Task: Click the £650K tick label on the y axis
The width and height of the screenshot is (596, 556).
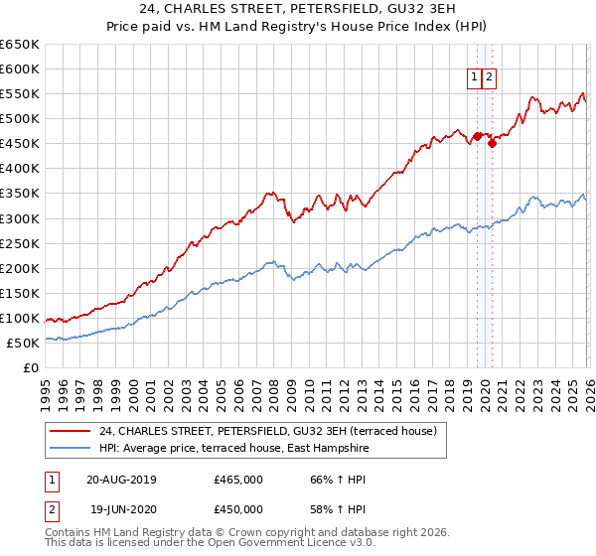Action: (20, 45)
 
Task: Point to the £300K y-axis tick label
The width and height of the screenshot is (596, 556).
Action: (20, 218)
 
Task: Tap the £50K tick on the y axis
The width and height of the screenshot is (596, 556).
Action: (24, 343)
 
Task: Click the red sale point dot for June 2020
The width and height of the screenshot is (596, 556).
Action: (492, 144)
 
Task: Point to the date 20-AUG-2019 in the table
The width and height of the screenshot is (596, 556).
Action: (121, 480)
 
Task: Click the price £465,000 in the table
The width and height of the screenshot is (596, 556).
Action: (238, 480)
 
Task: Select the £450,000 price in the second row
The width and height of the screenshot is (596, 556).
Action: (238, 509)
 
